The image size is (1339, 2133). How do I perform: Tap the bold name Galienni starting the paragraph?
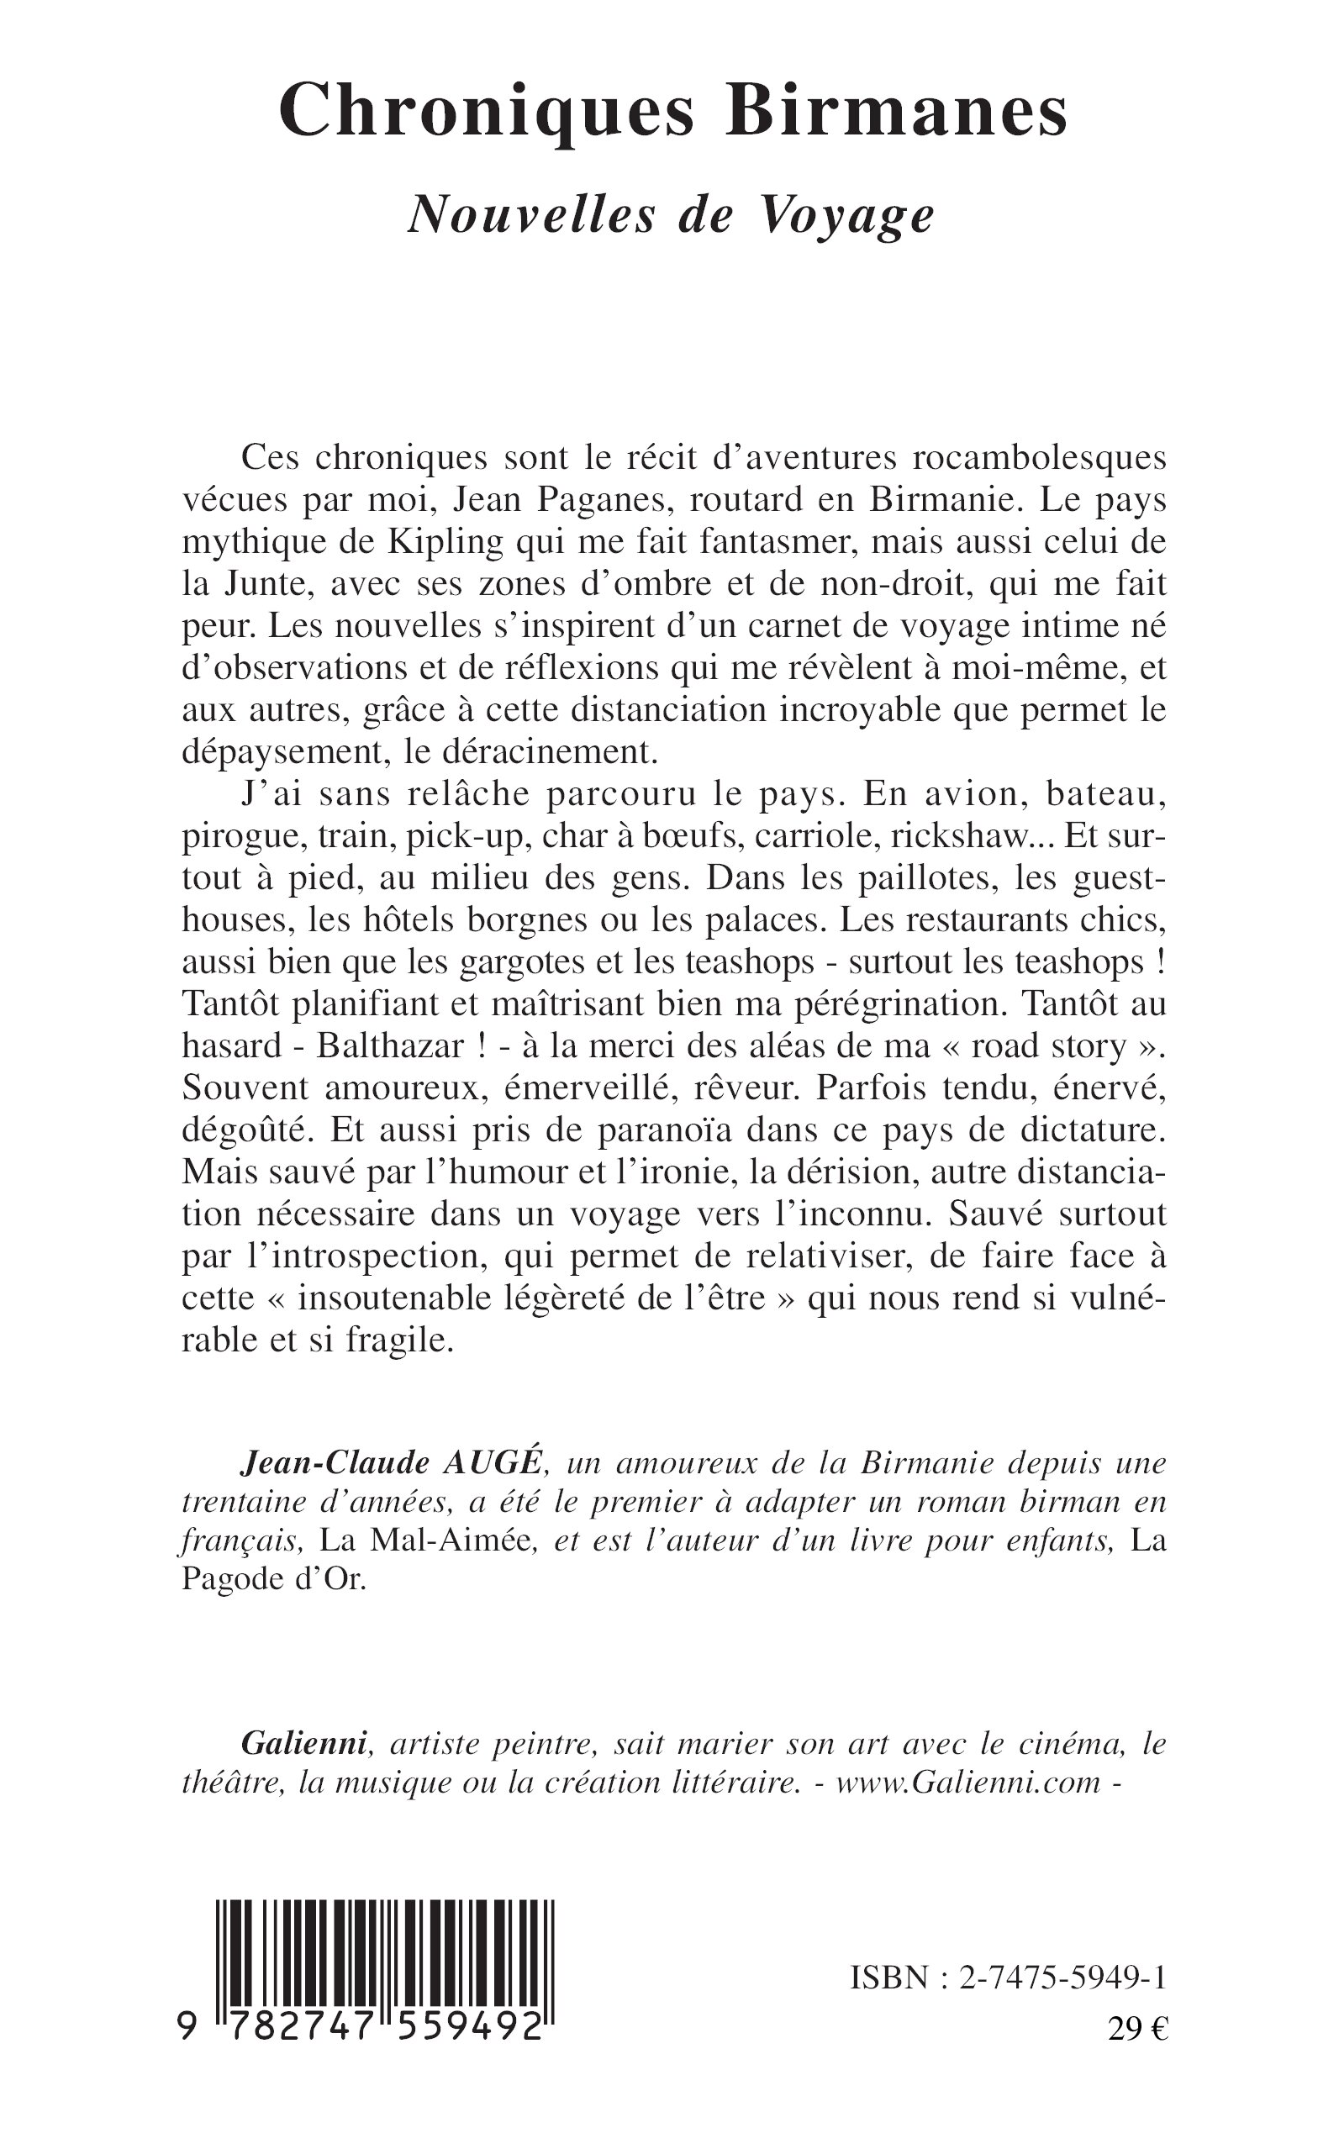coord(303,1743)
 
